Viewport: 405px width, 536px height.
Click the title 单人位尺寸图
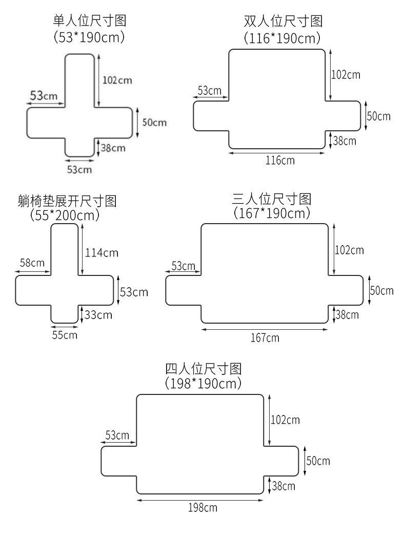[x=90, y=21]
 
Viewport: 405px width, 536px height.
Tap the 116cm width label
[x=280, y=160]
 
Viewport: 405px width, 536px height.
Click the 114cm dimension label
[x=102, y=252]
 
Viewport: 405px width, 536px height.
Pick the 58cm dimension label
[x=32, y=263]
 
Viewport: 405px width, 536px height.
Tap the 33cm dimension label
[x=98, y=314]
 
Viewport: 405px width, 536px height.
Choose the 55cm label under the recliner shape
[x=65, y=335]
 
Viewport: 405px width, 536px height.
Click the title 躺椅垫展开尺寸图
[x=67, y=201]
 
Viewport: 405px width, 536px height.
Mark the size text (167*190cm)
[x=272, y=213]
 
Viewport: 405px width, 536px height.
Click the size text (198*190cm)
[x=203, y=383]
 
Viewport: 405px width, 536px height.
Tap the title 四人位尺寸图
[x=203, y=368]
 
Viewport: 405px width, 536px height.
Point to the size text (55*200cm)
[x=65, y=215]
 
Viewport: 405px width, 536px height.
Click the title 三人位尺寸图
[x=272, y=198]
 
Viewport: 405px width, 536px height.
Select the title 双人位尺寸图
[x=283, y=22]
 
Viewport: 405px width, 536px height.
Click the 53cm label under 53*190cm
[x=79, y=169]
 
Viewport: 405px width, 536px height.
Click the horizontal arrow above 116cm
[x=277, y=152]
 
